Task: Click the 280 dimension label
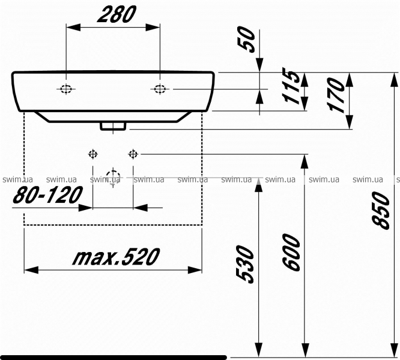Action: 117,14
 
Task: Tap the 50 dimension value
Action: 246,40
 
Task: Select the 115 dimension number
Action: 291,86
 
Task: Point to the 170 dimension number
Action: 336,94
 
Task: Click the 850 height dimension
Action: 381,211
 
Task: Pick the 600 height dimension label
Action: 291,252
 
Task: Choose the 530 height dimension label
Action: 245,264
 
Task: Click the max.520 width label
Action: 116,256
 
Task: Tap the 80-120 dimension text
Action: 47,195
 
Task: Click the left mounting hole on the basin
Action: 66,89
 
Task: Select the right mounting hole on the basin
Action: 160,89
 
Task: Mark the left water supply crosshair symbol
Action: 93,154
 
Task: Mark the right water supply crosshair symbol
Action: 133,154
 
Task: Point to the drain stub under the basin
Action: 113,126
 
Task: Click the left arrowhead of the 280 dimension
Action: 73,27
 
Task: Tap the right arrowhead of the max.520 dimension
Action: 195,270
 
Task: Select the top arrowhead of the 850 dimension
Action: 394,80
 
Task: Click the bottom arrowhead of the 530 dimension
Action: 259,350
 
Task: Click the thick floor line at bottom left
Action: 114,357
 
